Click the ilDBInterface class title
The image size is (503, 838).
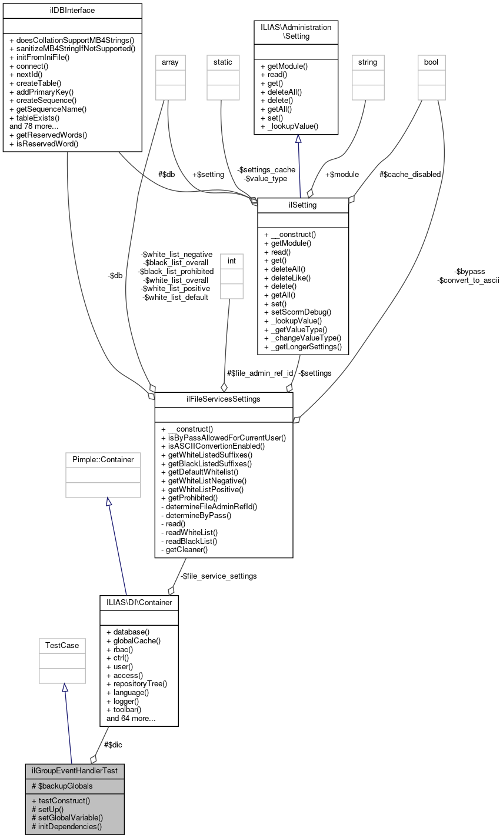[72, 10]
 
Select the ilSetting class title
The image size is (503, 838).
[303, 205]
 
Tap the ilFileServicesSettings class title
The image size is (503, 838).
[224, 399]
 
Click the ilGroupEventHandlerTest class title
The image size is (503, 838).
[74, 770]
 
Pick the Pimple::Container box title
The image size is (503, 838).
[103, 459]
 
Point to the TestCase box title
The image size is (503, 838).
[62, 645]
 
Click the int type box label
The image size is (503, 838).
[231, 259]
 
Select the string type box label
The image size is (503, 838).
[367, 61]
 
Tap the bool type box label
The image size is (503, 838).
[431, 61]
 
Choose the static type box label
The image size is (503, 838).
[223, 61]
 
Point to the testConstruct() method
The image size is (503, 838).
[61, 800]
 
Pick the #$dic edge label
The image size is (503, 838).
[113, 744]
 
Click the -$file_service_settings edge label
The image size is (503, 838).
[218, 576]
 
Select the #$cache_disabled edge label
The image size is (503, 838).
[409, 174]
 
